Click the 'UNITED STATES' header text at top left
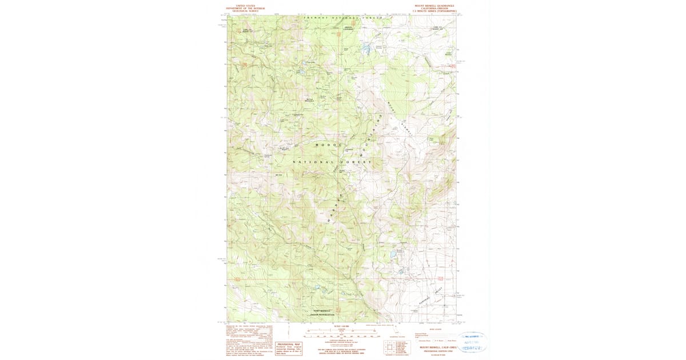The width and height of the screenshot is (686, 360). tap(242, 5)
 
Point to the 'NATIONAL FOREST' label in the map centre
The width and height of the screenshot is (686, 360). tap(332, 162)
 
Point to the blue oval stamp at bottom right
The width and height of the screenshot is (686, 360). tap(472, 342)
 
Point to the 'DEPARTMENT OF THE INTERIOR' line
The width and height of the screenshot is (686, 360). tap(242, 8)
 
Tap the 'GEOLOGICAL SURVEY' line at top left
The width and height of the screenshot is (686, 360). tap(242, 11)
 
